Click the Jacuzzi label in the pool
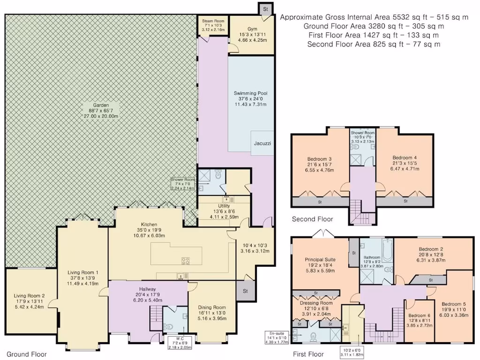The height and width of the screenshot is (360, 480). point(262,142)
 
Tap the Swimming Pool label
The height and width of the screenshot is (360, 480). point(251,93)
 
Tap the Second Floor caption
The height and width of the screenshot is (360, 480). point(312,219)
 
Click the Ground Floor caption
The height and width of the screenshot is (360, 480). point(26,354)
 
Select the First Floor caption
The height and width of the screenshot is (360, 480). point(308,354)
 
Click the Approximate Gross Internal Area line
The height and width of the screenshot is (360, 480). point(374,17)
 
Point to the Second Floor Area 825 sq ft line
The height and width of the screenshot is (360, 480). point(374,44)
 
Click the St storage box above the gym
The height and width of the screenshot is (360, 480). point(265,9)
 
